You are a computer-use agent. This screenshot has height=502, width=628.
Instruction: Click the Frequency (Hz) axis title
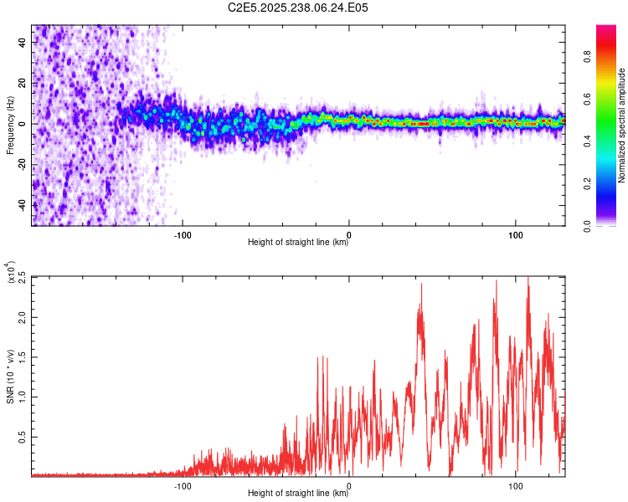pyautogui.click(x=10, y=125)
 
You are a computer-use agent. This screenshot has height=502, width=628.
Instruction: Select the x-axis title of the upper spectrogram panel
pyautogui.click(x=298, y=243)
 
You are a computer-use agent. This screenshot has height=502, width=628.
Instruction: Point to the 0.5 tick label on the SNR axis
pyautogui.click(x=21, y=438)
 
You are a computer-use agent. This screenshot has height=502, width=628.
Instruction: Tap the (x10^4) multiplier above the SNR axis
pyautogui.click(x=10, y=272)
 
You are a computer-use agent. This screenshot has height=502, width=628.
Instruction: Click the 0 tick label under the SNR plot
pyautogui.click(x=349, y=484)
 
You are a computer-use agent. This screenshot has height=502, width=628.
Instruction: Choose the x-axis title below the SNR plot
pyautogui.click(x=298, y=494)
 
